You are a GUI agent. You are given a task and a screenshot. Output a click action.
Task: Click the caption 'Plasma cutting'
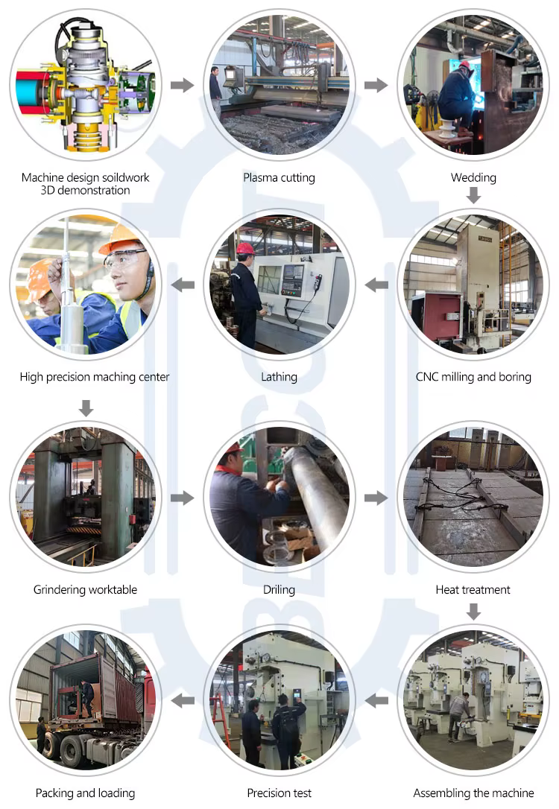pos(279,178)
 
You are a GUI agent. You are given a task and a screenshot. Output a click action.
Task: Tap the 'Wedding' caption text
pos(473,178)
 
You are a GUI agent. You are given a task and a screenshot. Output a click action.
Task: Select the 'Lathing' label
pos(279,377)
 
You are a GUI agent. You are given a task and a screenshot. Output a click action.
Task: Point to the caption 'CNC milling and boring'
pos(473,377)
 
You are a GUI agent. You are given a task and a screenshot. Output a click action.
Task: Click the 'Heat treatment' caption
pos(473,590)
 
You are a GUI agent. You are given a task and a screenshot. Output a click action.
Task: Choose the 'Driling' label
pos(279,590)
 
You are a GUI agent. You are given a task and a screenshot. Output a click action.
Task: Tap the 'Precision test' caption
pos(279,793)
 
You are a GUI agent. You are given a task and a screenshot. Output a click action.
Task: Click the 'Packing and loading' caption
pos(85,793)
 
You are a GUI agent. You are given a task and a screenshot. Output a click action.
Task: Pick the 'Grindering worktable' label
pos(85,590)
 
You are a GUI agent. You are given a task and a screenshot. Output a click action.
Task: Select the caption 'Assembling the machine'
pos(473,793)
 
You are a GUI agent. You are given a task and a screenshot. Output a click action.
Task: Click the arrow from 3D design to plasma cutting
pos(182,85)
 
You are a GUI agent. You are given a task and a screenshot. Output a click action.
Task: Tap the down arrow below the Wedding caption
pos(473,195)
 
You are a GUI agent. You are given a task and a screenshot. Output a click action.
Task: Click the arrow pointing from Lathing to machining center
pos(183,285)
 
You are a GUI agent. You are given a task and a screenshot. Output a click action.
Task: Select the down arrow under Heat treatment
pos(473,612)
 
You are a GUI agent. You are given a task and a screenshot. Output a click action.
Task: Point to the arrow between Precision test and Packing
pos(183,701)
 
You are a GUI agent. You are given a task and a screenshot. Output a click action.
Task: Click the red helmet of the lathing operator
pos(245,249)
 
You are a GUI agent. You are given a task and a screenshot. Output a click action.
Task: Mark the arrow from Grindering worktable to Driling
pos(182,498)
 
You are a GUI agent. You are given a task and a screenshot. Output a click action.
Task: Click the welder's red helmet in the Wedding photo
pos(464,65)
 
